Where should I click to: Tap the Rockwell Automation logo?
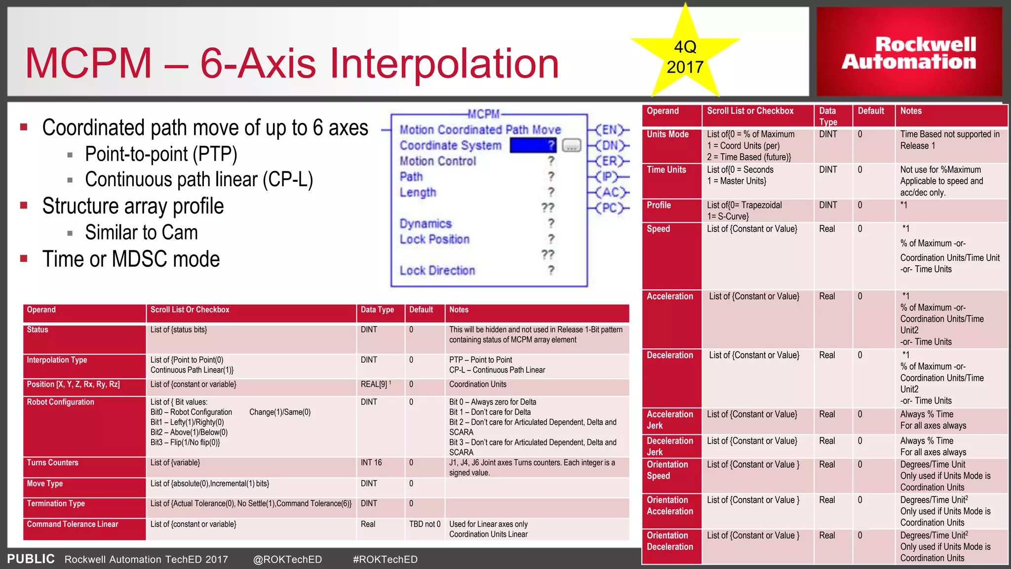click(909, 52)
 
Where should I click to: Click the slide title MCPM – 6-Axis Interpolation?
click(292, 63)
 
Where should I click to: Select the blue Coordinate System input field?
click(533, 145)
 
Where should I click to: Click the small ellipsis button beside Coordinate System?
click(571, 146)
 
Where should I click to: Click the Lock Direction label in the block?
click(437, 271)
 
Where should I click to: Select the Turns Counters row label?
click(53, 463)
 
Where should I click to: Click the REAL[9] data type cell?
click(376, 384)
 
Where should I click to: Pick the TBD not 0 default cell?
click(425, 524)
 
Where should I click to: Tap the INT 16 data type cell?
click(371, 463)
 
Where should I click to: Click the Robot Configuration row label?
click(61, 402)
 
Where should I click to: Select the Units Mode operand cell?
click(668, 134)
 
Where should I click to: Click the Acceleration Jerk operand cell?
click(670, 420)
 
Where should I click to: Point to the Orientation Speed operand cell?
click(667, 470)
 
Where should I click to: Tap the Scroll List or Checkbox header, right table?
click(750, 111)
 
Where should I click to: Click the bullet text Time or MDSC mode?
click(131, 259)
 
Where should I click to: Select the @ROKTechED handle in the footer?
click(287, 559)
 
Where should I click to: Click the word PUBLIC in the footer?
click(31, 559)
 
